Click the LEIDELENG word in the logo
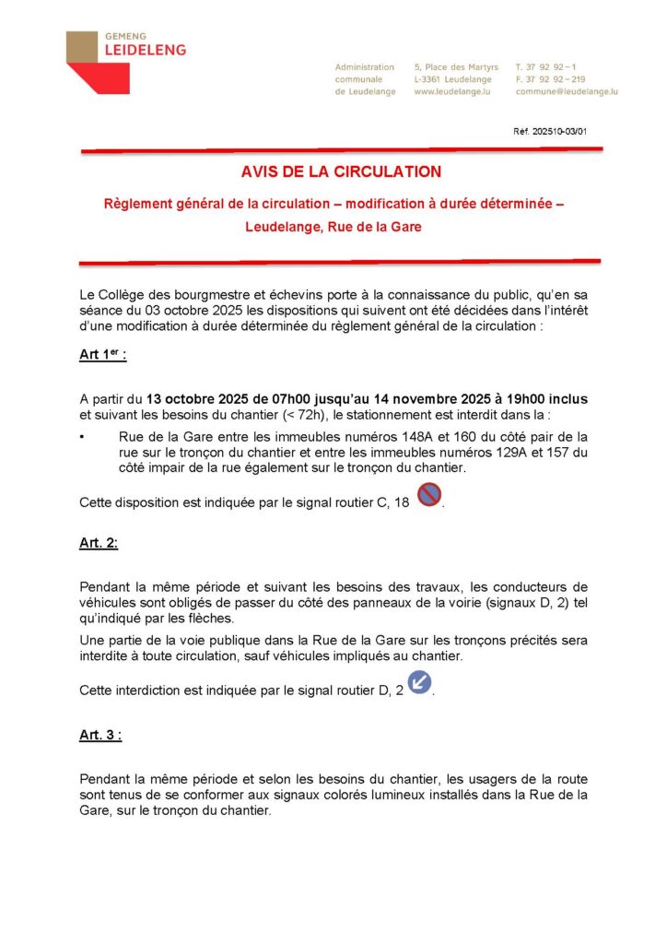point(146,50)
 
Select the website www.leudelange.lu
point(451,92)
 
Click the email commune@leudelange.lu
point(567,92)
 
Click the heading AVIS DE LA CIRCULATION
point(341,171)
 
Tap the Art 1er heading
point(103,355)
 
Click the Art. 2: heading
point(99,543)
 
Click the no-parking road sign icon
point(429,496)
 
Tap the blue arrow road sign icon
point(419,683)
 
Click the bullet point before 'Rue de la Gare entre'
point(83,436)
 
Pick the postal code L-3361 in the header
point(430,79)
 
